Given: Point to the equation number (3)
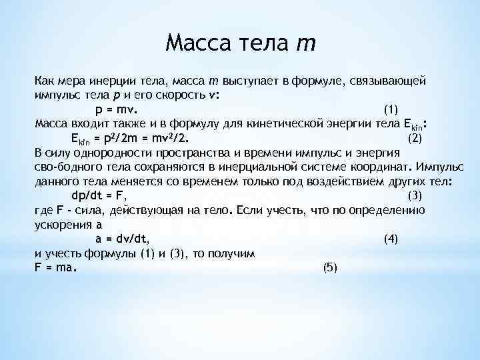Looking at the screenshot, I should point(414,195).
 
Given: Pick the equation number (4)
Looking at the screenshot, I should point(391,238).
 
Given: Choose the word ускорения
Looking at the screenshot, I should point(61,224).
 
